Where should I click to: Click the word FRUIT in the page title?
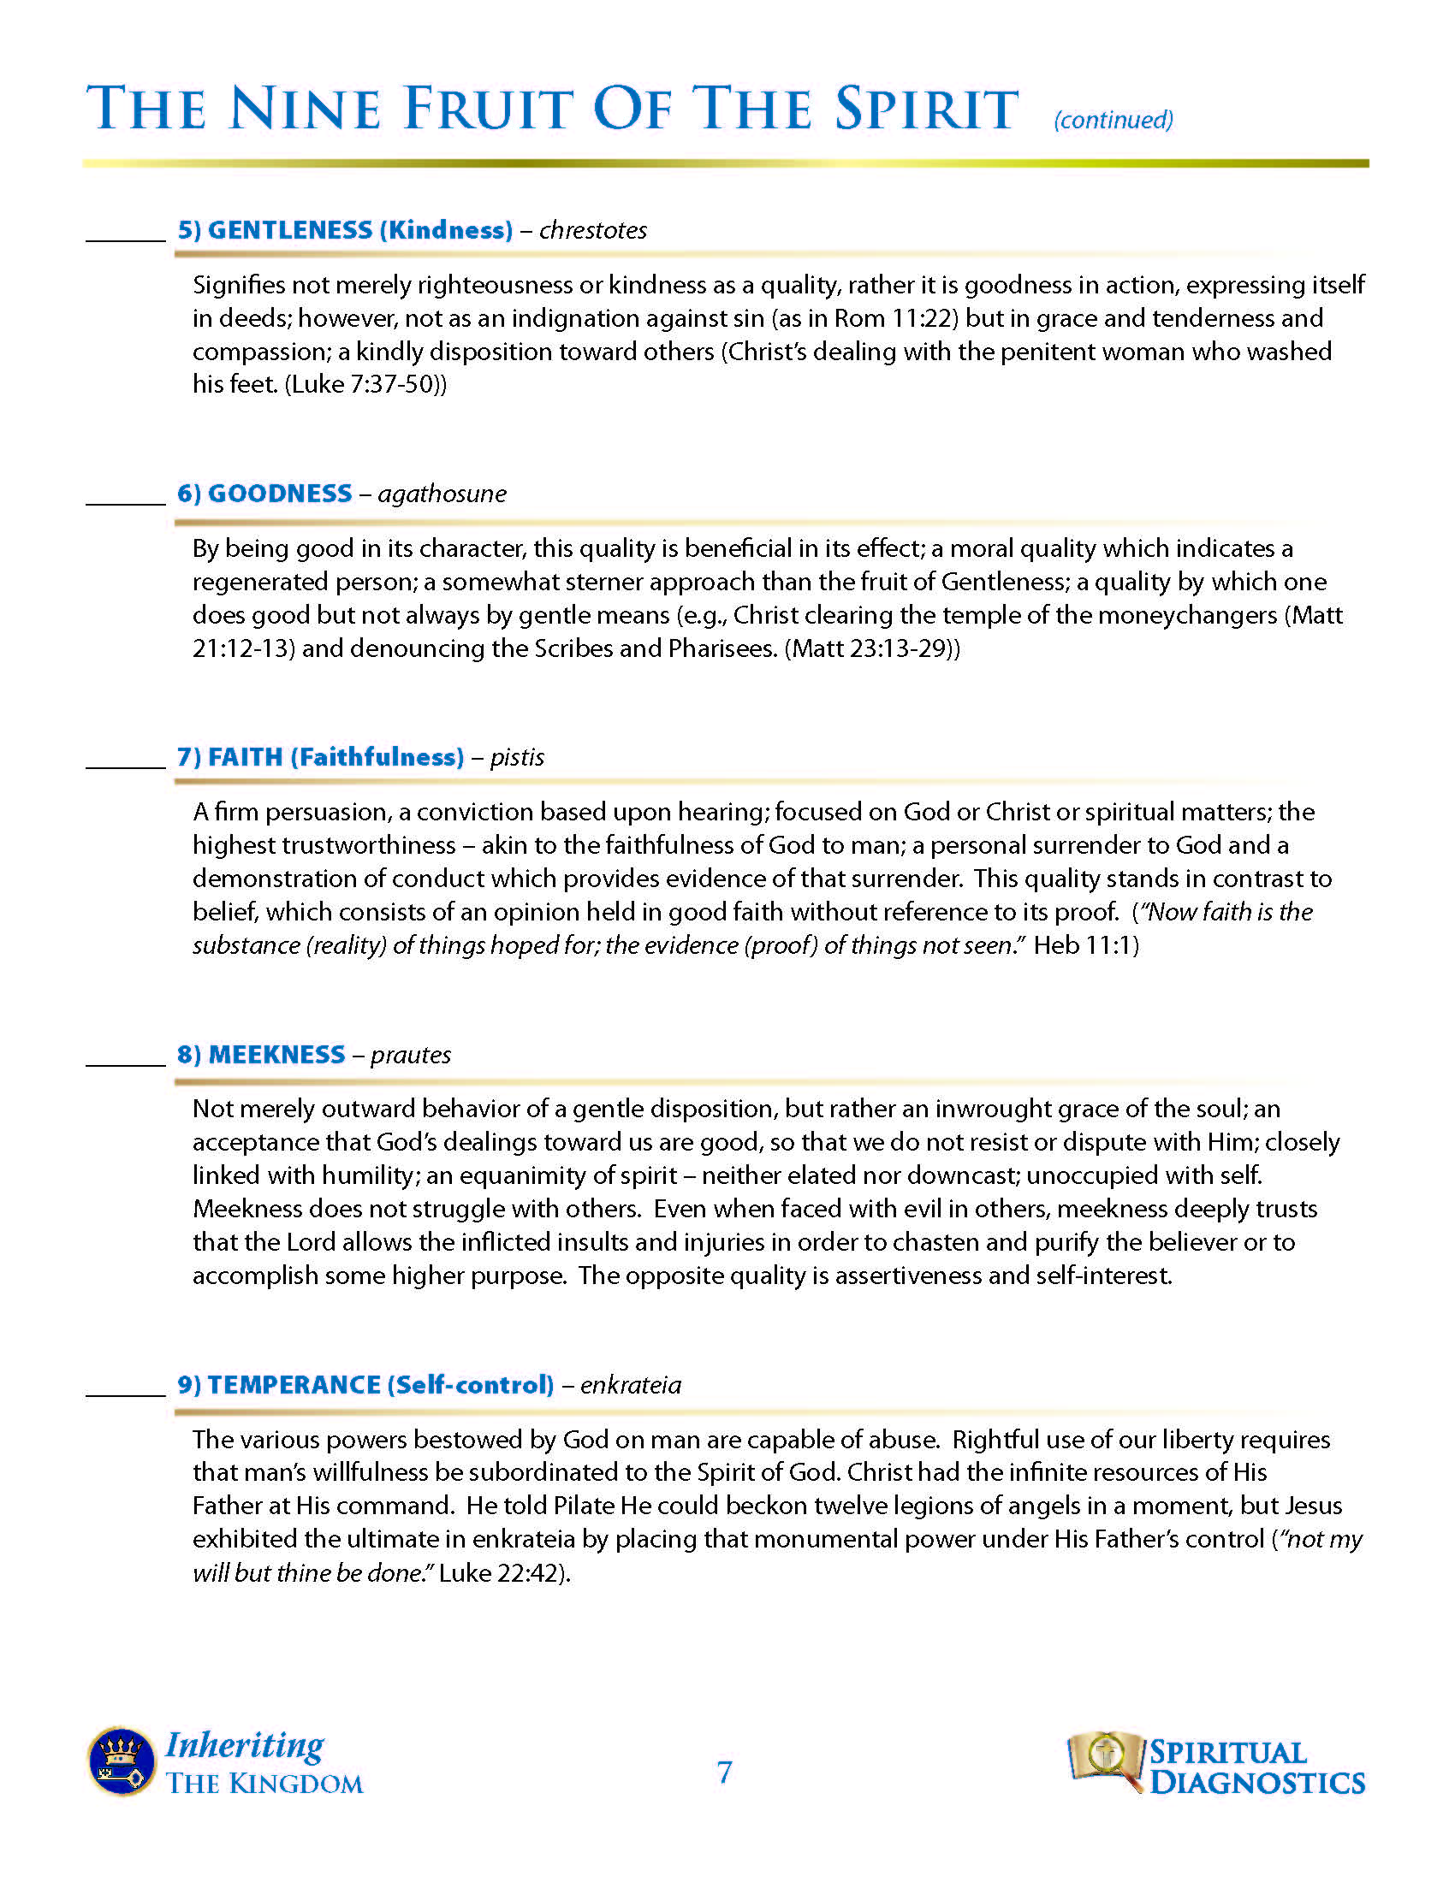pos(487,109)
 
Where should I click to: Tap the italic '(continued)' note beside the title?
pos(1113,120)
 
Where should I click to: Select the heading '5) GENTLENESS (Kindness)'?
pos(345,230)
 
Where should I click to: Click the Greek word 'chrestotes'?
pos(593,231)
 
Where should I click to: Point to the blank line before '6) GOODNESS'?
pos(126,501)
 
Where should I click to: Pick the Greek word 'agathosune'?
pos(442,494)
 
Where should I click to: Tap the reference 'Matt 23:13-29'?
pos(869,648)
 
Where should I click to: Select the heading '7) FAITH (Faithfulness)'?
pos(321,756)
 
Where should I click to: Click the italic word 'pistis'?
pos(517,757)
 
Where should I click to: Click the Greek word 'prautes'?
pos(411,1055)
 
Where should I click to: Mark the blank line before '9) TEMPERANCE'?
pos(126,1393)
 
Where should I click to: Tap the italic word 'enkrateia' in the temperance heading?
pos(630,1385)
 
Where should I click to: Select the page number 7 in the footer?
pos(725,1773)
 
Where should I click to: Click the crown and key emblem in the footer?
pos(121,1761)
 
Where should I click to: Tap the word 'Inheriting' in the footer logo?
pos(245,1745)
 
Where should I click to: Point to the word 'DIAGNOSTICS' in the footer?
pos(1256,1782)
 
